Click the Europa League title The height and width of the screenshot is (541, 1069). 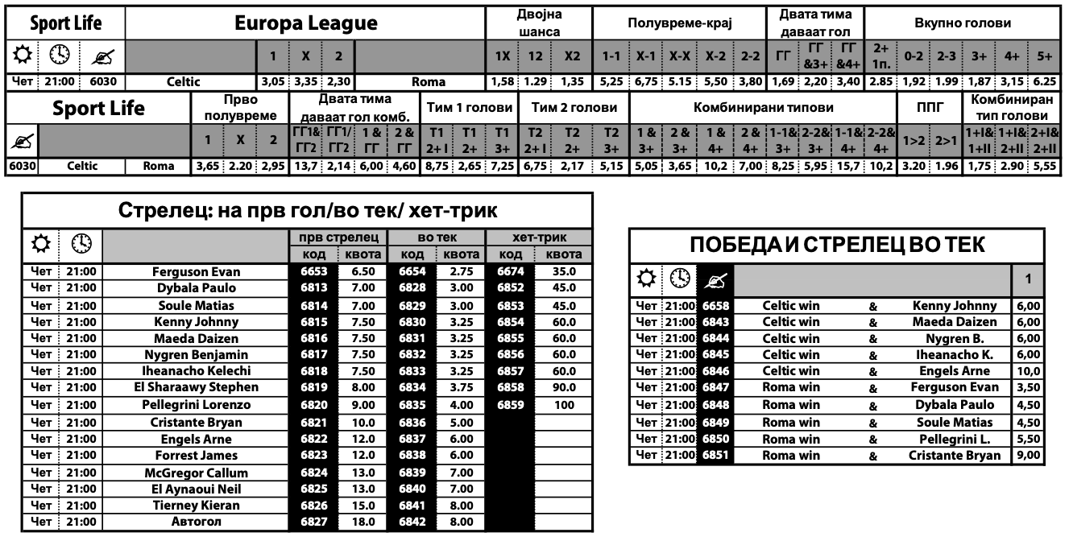pyautogui.click(x=306, y=24)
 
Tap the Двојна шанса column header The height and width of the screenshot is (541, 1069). pyautogui.click(x=539, y=23)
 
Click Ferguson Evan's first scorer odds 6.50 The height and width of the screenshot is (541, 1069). pyautogui.click(x=363, y=272)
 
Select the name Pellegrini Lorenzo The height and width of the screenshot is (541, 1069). pyautogui.click(x=202, y=405)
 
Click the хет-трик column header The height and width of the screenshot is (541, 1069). pyautogui.click(x=537, y=238)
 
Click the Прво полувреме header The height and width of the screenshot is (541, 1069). pyautogui.click(x=238, y=108)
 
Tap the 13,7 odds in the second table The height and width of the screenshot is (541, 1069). pyautogui.click(x=306, y=166)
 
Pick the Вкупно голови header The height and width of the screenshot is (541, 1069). pyautogui.click(x=963, y=23)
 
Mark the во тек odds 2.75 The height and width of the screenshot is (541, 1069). pyautogui.click(x=462, y=272)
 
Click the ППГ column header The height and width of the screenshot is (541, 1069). pyautogui.click(x=930, y=108)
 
